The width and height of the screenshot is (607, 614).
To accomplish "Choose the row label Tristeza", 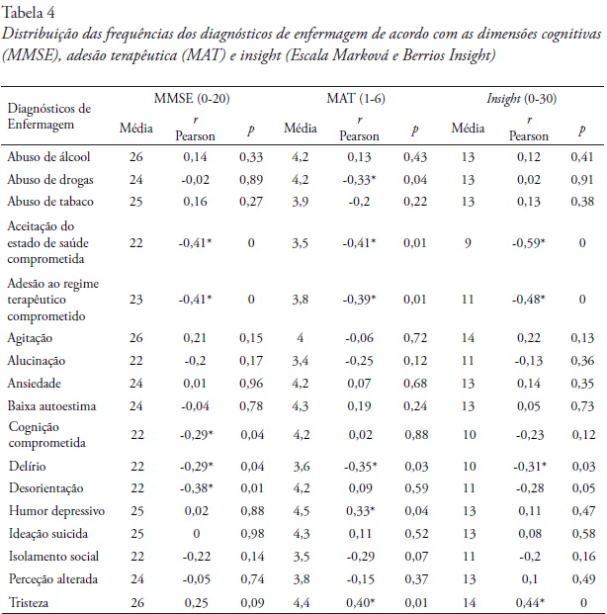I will pos(29,601).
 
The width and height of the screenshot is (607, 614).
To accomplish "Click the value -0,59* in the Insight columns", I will pos(520,242).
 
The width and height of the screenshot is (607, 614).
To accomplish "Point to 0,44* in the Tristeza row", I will pos(520,601).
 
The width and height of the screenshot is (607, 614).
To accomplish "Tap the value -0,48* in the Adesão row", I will pos(520,299).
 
